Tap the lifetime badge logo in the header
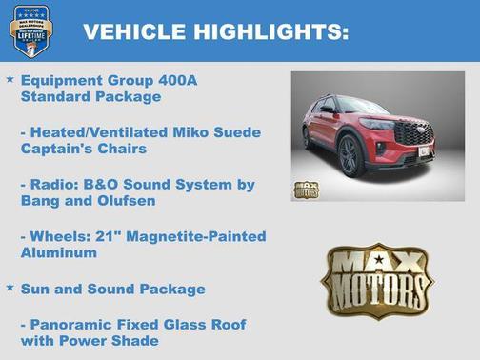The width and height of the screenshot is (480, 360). tap(30, 31)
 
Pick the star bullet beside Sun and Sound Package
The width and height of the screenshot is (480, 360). tap(10, 288)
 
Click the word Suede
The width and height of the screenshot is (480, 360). tap(234, 131)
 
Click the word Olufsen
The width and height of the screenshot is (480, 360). tap(135, 200)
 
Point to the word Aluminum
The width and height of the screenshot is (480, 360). tap(59, 252)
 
